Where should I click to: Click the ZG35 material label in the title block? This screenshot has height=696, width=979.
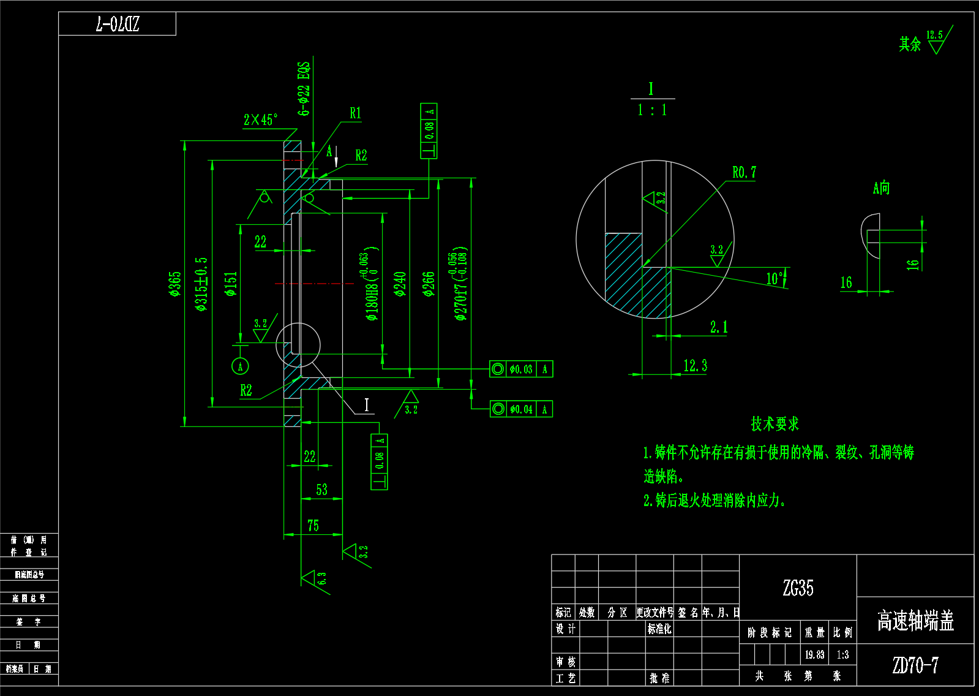pyautogui.click(x=798, y=588)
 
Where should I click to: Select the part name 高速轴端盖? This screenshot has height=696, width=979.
pyautogui.click(x=915, y=621)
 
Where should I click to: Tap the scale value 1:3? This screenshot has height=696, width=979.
pyautogui.click(x=842, y=655)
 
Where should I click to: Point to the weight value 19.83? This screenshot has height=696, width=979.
pyautogui.click(x=814, y=655)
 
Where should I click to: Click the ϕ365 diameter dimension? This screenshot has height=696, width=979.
pyautogui.click(x=176, y=284)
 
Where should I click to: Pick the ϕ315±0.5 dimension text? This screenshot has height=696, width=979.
pyautogui.click(x=201, y=284)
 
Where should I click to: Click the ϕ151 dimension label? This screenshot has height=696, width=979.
pyautogui.click(x=231, y=284)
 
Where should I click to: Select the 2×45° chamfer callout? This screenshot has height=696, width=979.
pyautogui.click(x=260, y=119)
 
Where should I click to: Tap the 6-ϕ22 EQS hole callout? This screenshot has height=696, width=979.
pyautogui.click(x=304, y=88)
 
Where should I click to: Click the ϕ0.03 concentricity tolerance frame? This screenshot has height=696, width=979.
pyautogui.click(x=521, y=369)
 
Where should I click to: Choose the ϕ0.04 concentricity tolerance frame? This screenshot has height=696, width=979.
pyautogui.click(x=521, y=409)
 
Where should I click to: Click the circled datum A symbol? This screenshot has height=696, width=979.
pyautogui.click(x=240, y=366)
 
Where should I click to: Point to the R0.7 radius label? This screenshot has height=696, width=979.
pyautogui.click(x=744, y=173)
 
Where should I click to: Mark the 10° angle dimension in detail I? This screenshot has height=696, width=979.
pyautogui.click(x=775, y=279)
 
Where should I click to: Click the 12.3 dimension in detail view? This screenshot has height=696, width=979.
pyautogui.click(x=695, y=366)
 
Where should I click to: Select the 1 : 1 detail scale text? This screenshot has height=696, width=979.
pyautogui.click(x=652, y=110)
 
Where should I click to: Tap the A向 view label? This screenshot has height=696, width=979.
pyautogui.click(x=881, y=188)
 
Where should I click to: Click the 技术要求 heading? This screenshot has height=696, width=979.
pyautogui.click(x=775, y=423)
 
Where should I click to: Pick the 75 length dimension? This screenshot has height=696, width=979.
pyautogui.click(x=313, y=526)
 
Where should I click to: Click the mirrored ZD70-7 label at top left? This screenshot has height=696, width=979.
pyautogui.click(x=118, y=25)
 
